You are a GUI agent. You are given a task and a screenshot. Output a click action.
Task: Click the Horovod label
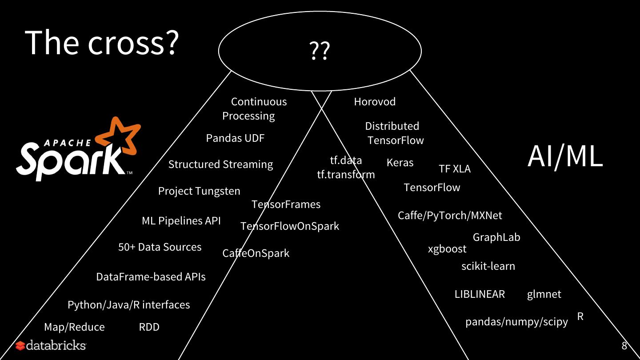375,102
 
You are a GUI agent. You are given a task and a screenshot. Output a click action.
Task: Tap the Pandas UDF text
235,138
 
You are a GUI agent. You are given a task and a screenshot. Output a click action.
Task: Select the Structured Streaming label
220,164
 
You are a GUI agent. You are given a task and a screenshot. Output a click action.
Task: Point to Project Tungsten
199,191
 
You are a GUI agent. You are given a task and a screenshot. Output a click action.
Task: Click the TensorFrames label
286,204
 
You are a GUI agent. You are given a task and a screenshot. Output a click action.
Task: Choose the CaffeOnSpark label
256,253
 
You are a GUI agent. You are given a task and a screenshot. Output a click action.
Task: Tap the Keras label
400,163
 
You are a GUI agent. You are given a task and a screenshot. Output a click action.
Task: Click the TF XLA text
454,169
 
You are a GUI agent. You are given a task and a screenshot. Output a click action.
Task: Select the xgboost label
447,249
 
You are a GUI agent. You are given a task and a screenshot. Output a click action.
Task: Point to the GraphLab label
496,237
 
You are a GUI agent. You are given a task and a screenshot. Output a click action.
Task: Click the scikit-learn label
488,266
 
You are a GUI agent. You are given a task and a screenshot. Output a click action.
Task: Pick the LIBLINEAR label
480,294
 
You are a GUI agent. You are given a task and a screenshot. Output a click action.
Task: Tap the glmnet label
544,294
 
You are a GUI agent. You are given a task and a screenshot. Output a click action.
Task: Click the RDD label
149,327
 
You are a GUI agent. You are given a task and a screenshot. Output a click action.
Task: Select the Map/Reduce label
74,327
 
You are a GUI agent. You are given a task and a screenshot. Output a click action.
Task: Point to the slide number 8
624,346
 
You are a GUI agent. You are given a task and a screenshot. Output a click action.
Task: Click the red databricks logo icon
20,346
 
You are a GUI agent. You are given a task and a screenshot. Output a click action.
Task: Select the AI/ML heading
565,156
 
